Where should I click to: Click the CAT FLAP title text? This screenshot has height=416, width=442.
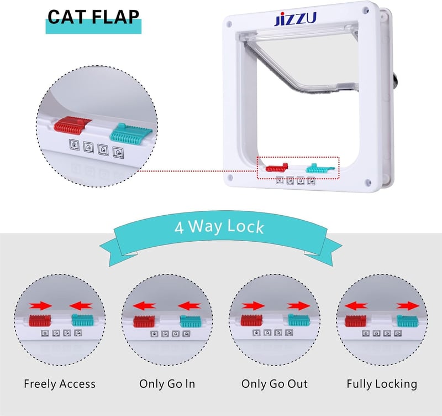pyautogui.click(x=93, y=17)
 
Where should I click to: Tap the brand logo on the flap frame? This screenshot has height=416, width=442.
pyautogui.click(x=295, y=19)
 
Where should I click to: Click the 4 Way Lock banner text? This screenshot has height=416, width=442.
pyautogui.click(x=219, y=227)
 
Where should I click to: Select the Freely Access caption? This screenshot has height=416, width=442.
pyautogui.click(x=60, y=384)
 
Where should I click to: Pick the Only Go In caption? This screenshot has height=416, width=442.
pyautogui.click(x=167, y=384)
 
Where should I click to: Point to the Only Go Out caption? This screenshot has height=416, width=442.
pyautogui.click(x=275, y=384)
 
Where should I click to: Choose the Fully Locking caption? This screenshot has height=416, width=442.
pyautogui.click(x=382, y=384)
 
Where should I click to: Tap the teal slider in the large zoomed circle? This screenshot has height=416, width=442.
pyautogui.click(x=131, y=133)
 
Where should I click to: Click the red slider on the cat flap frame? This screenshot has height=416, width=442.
pyautogui.click(x=277, y=168)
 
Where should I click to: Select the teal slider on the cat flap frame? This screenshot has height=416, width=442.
pyautogui.click(x=320, y=169)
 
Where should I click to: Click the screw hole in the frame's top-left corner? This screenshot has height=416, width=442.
pyautogui.click(x=229, y=24)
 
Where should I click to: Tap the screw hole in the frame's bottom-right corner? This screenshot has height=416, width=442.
pyautogui.click(x=367, y=182)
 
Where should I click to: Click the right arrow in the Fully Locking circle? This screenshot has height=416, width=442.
pyautogui.click(x=408, y=306)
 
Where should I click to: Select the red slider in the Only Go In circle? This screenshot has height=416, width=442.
pyautogui.click(x=144, y=321)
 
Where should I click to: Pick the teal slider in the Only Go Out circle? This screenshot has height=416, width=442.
pyautogui.click(x=299, y=320)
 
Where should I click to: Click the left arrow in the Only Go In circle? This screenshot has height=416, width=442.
pyautogui.click(x=144, y=306)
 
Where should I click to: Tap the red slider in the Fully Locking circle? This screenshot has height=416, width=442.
pyautogui.click(x=356, y=321)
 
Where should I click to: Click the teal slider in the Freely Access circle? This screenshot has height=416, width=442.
pyautogui.click(x=82, y=320)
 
